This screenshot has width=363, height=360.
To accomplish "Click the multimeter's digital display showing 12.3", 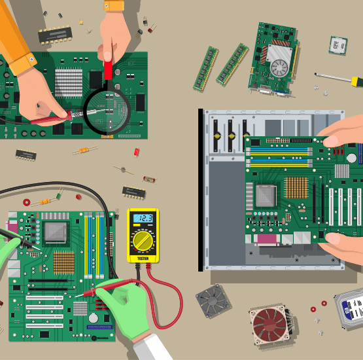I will (x=143, y=219).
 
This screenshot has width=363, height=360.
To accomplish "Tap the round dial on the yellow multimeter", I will (x=143, y=242).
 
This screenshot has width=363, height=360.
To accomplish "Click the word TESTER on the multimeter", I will (x=143, y=259).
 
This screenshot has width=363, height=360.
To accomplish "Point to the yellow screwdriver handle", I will (x=356, y=81).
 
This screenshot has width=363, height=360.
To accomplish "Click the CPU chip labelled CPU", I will (x=338, y=45).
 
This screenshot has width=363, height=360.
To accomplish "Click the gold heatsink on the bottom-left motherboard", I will (x=63, y=262).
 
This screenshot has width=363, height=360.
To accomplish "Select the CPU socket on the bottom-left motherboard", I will (x=56, y=231).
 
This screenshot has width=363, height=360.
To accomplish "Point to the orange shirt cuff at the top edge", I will (x=114, y=5).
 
